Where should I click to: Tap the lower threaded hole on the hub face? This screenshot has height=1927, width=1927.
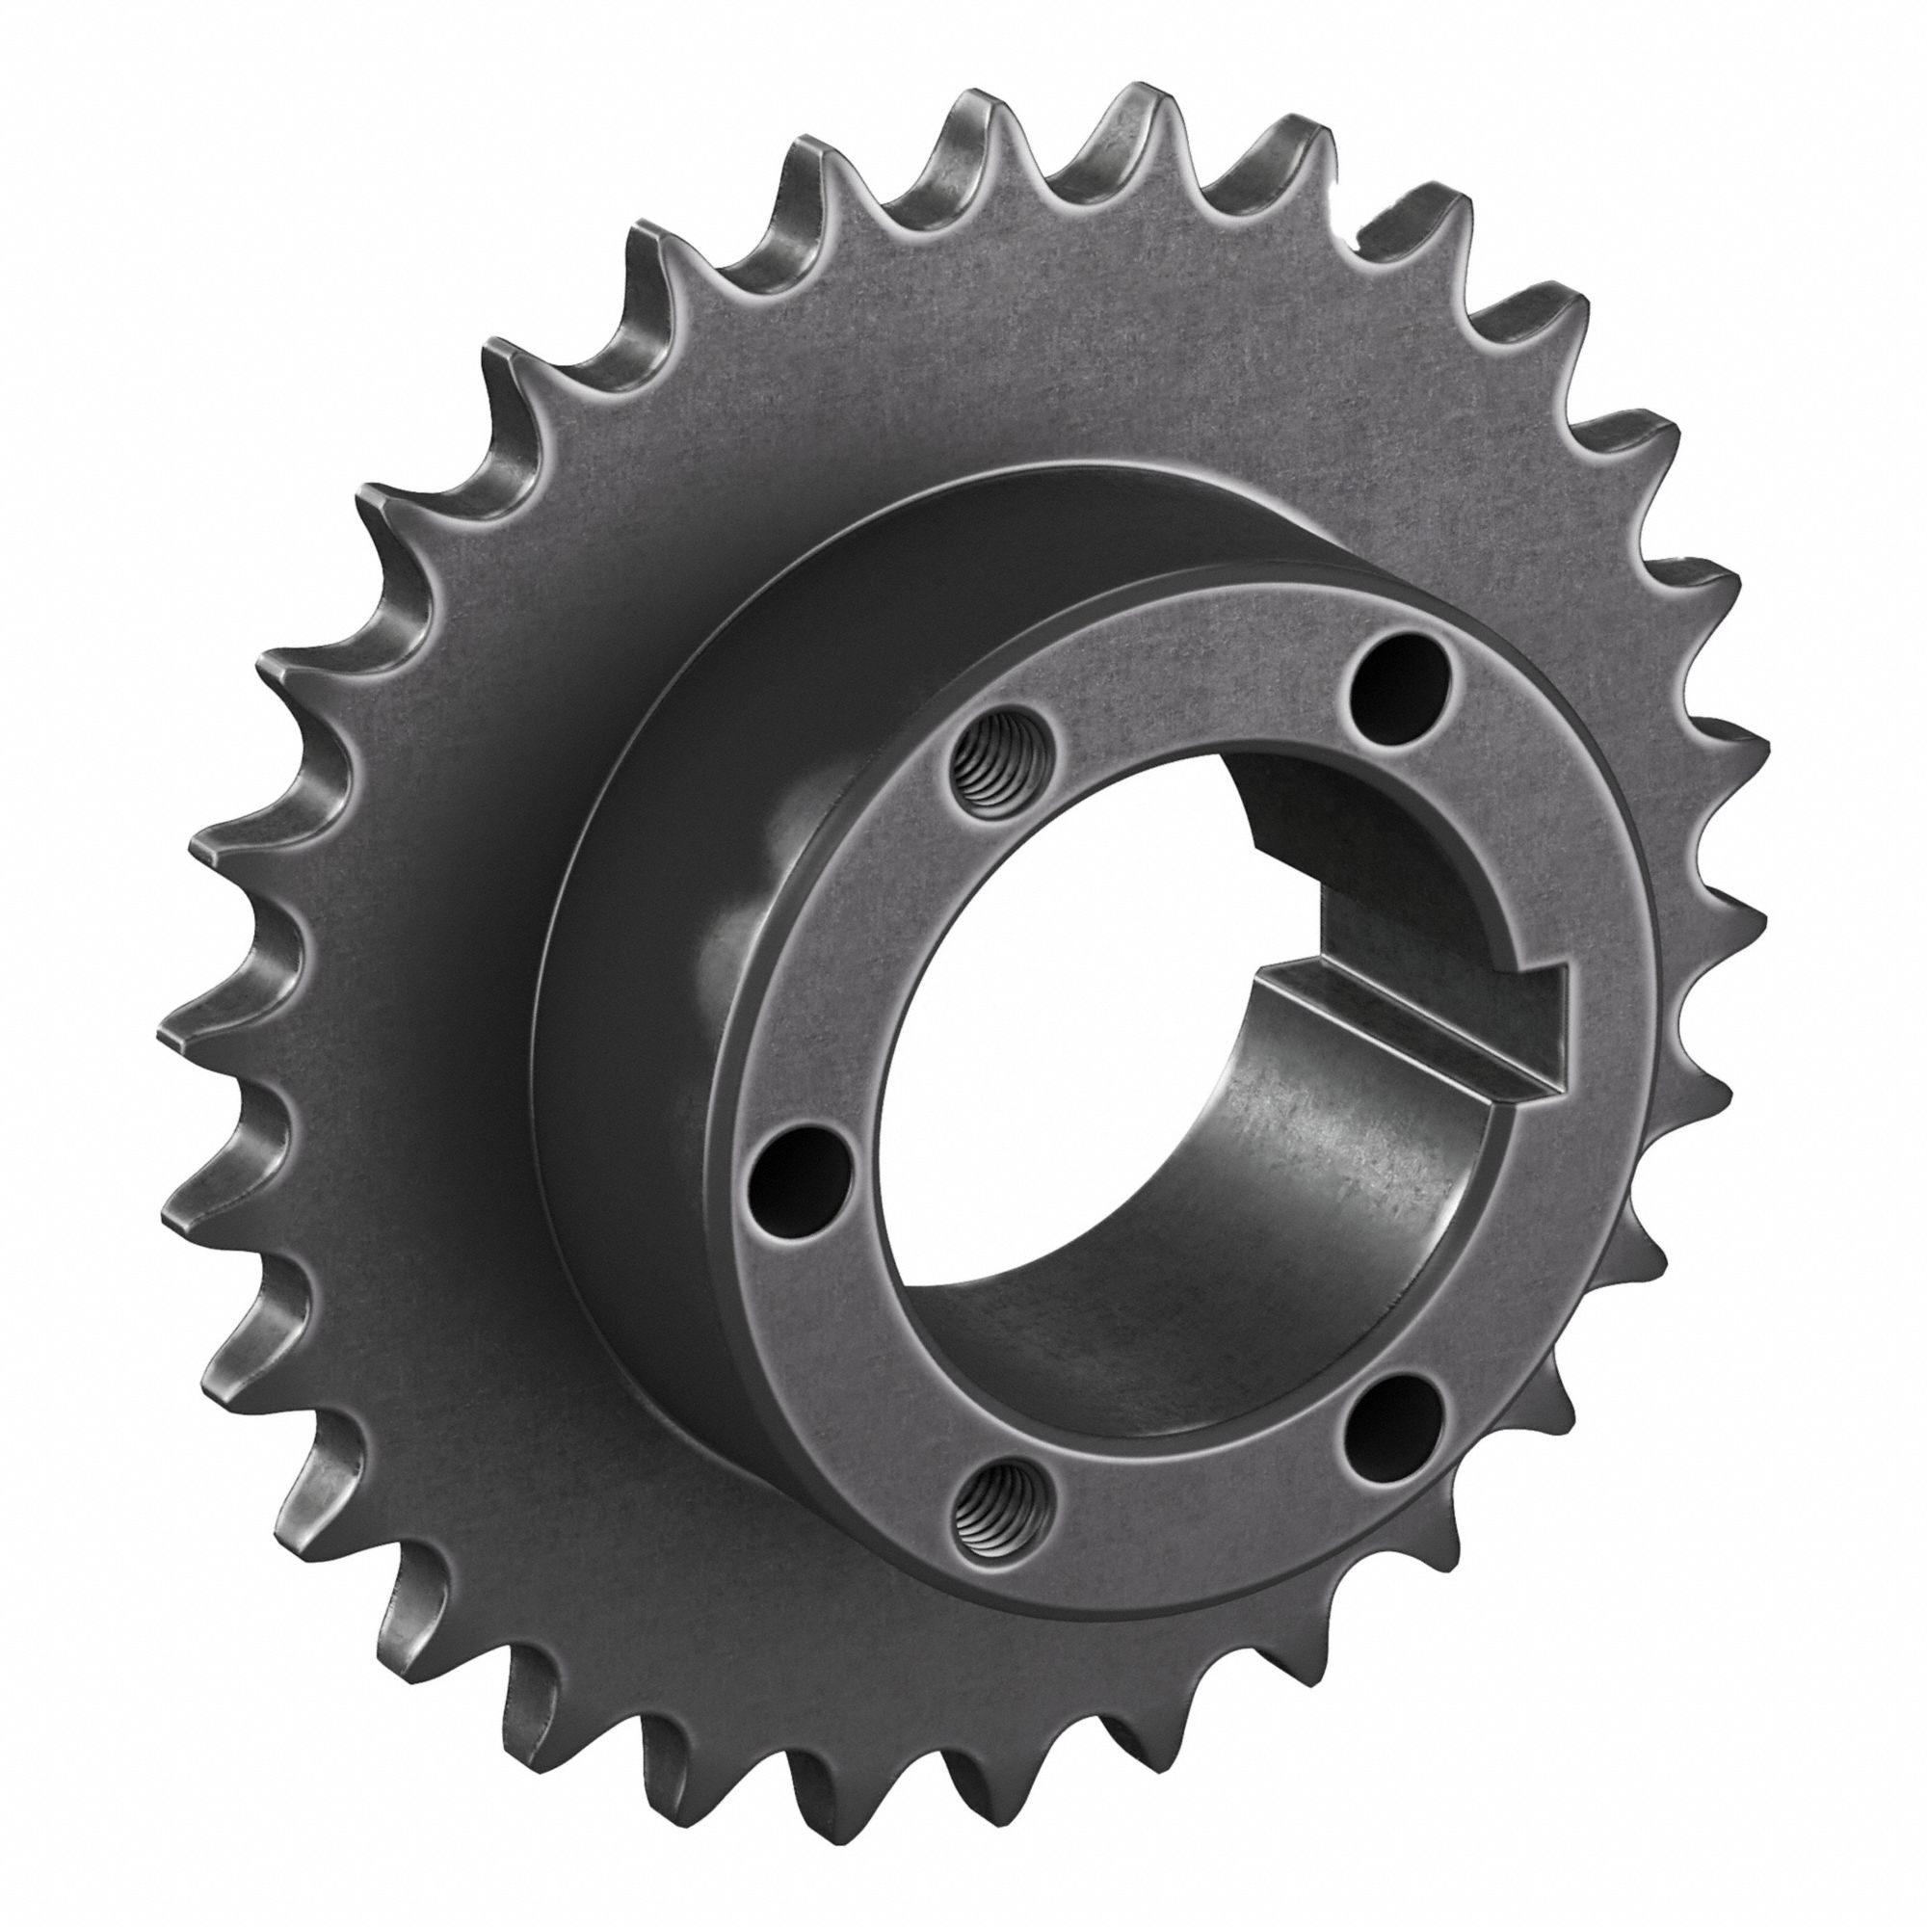[1000, 1527]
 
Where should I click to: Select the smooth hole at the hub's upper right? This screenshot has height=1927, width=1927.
[1395, 684]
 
